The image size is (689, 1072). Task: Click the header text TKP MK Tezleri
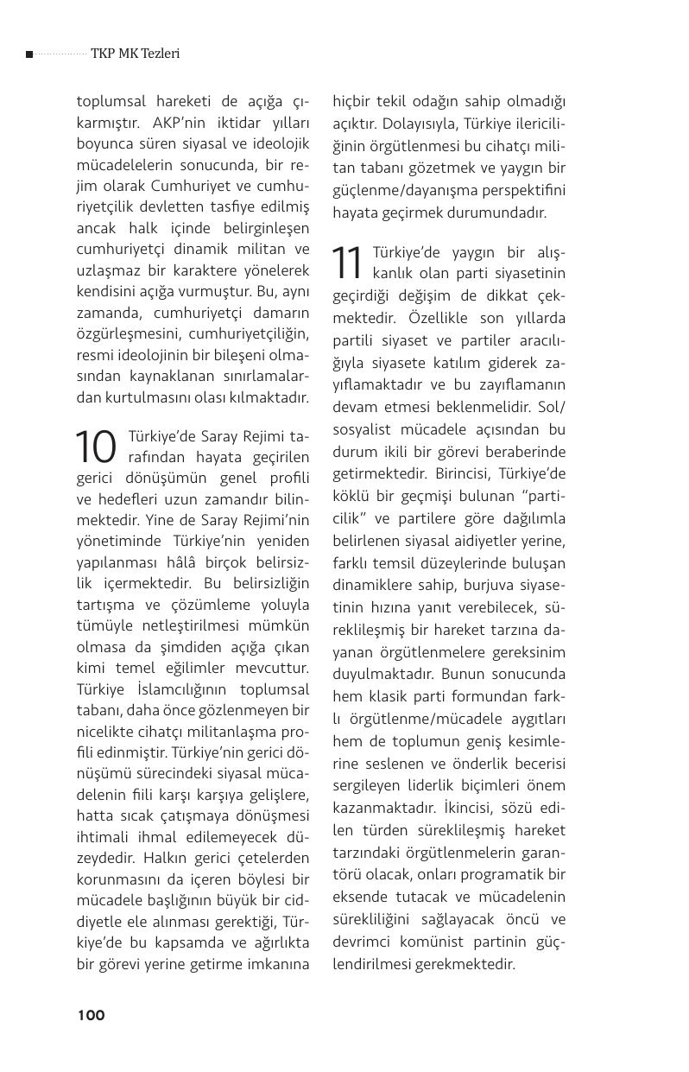(135, 54)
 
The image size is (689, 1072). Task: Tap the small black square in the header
(29, 54)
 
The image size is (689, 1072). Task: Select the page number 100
(91, 1015)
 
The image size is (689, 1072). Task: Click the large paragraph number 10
(96, 447)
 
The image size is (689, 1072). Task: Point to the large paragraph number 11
(348, 263)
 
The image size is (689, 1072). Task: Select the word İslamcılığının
(177, 689)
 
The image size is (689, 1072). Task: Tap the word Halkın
(163, 858)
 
